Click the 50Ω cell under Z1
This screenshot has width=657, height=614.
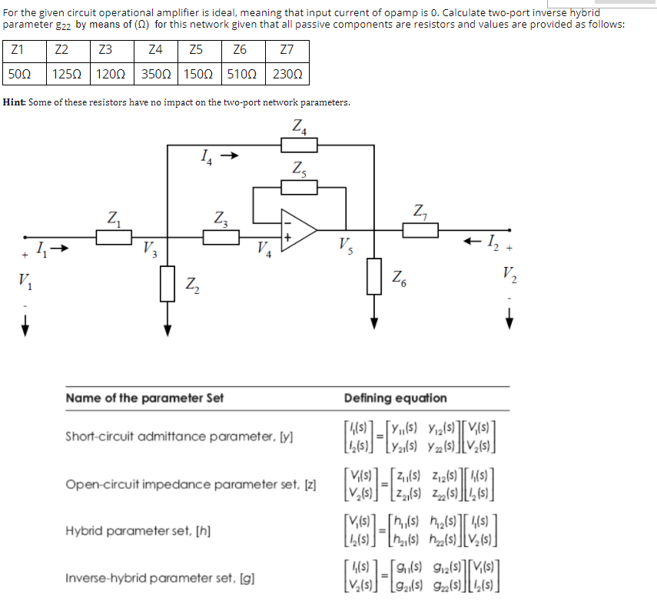coord(19,75)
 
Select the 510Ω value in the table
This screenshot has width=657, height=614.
coord(241,75)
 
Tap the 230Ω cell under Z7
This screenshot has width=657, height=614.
coord(287,75)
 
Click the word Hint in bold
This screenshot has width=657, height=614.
coord(15,102)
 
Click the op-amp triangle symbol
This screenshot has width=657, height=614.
coord(297,229)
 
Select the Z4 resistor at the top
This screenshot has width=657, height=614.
coord(299,145)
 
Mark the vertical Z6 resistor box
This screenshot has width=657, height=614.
coord(375,275)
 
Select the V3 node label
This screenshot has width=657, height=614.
coord(151,249)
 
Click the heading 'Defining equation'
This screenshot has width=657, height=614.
coord(395,398)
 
